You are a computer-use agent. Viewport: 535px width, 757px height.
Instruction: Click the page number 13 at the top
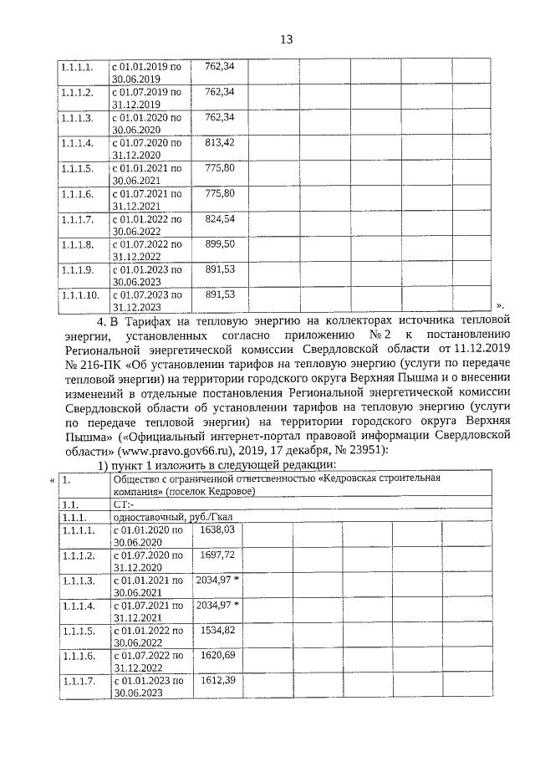coord(285,39)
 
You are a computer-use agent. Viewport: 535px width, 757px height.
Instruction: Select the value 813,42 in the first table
coord(220,143)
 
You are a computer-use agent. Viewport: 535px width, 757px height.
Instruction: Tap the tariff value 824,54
coord(220,218)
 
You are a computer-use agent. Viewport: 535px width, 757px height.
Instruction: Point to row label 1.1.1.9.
coord(78,269)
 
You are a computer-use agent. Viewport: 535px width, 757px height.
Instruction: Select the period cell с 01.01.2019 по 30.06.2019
coord(146,71)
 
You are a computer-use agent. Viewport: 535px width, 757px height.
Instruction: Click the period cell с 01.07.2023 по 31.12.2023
coord(146,300)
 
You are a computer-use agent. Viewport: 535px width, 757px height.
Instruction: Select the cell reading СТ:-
coord(123,504)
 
